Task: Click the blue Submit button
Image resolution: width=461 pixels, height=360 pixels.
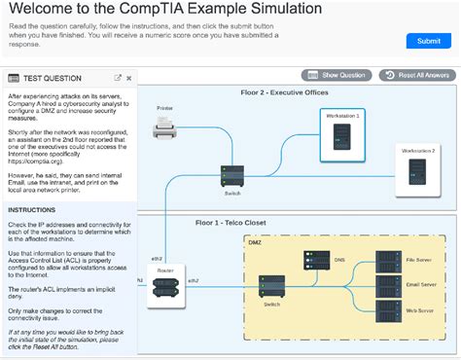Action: [x=428, y=41]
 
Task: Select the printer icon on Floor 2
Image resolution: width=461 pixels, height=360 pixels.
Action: [x=164, y=126]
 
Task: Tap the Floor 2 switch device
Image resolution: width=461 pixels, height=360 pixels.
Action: [x=232, y=175]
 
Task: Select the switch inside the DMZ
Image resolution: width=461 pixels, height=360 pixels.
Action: [x=271, y=287]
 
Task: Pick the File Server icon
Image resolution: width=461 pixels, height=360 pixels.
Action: [x=388, y=261]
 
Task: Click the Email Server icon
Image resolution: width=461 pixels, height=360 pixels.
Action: [x=388, y=285]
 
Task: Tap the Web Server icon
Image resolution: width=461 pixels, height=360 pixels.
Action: [x=388, y=311]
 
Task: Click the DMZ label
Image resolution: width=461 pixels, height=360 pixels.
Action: [x=255, y=240]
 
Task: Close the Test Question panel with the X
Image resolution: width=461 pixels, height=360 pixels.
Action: [x=129, y=78]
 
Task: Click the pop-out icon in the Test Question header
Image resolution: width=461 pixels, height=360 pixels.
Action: [x=118, y=78]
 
